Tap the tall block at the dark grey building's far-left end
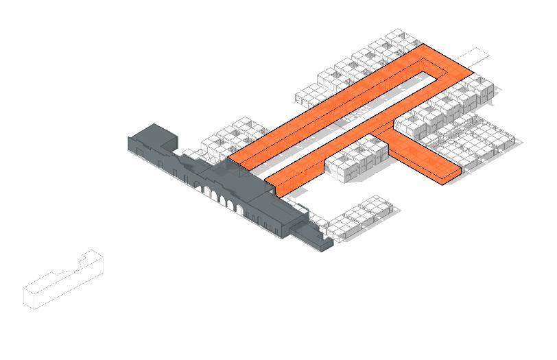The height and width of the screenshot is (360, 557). click(x=152, y=136)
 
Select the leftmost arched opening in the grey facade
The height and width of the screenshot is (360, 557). click(x=204, y=189)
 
